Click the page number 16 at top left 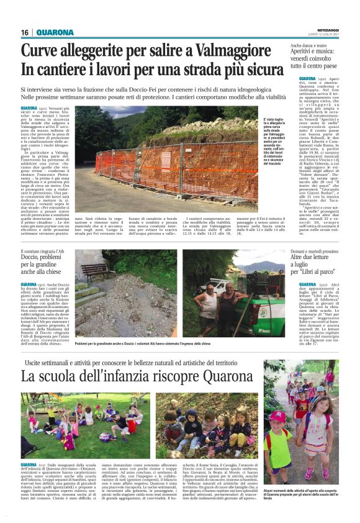25,32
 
